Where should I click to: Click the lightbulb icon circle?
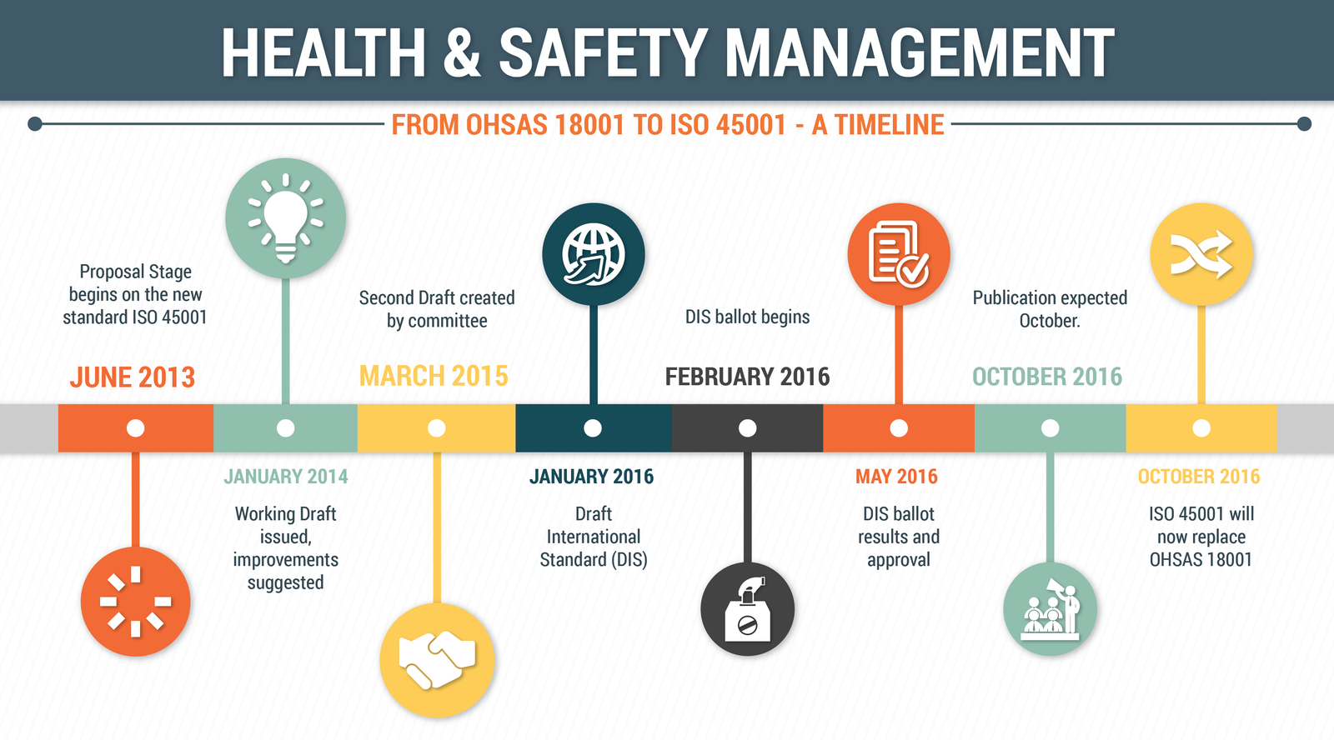pos(286,217)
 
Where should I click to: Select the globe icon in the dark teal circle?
pos(593,254)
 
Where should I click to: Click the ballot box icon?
pos(747,609)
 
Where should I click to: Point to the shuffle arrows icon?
pos(1201,254)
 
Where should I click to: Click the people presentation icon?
pos(1050,609)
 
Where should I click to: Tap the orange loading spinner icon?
pos(136,602)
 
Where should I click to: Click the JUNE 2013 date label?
pos(133,377)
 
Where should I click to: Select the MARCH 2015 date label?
pos(434,377)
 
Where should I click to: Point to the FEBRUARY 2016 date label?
pos(747,377)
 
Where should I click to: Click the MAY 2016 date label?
pos(896,477)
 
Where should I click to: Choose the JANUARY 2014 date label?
pos(286,477)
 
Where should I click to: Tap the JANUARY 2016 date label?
pos(591,477)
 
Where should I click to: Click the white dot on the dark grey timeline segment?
pos(747,428)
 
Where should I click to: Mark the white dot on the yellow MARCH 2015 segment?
pos(437,428)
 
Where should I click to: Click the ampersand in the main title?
pos(462,52)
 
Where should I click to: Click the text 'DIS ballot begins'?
pos(747,317)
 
